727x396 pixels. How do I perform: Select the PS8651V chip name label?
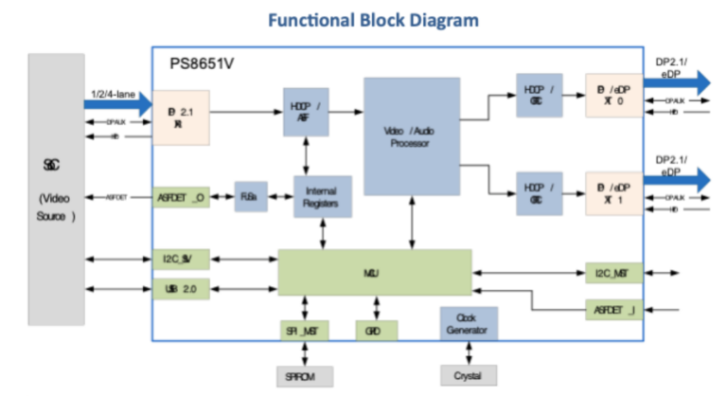[202, 64]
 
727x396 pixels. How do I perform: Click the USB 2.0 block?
[180, 289]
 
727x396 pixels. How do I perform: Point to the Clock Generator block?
[469, 324]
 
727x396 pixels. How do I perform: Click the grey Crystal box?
[468, 375]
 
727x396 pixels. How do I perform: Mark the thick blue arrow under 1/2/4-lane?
[119, 104]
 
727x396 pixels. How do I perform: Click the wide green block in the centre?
[374, 273]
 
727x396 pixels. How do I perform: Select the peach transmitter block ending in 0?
[613, 96]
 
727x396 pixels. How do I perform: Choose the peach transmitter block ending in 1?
[613, 193]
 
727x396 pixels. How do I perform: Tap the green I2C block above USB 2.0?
[180, 258]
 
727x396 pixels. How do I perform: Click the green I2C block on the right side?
[612, 274]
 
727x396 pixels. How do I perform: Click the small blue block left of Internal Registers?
[251, 195]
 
